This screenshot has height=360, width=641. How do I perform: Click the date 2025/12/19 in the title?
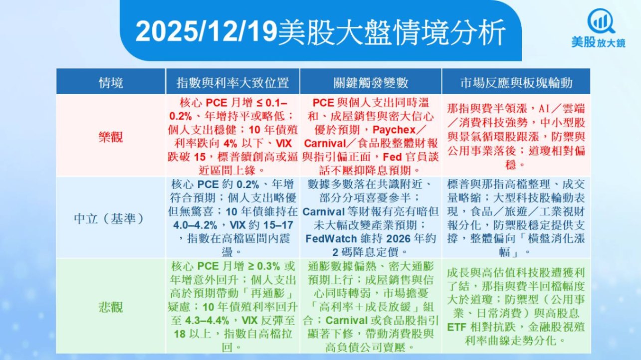coord(207,32)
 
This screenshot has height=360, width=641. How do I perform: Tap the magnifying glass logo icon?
coord(601,21)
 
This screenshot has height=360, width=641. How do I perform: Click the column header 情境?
coord(111,83)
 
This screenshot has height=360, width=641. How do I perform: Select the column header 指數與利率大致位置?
coord(232,83)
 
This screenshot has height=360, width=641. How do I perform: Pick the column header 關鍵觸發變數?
coord(371,83)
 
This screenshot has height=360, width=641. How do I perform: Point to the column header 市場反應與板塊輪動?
coord(516,83)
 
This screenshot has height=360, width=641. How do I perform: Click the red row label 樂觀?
coord(111,137)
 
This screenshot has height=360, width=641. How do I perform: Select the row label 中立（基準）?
coord(109,219)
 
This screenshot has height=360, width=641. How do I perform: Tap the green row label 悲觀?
coord(111,307)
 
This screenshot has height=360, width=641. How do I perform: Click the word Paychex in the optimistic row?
coord(394,130)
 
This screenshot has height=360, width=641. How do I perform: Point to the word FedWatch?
coord(331,238)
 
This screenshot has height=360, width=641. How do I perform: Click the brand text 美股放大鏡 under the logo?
coord(599,42)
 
